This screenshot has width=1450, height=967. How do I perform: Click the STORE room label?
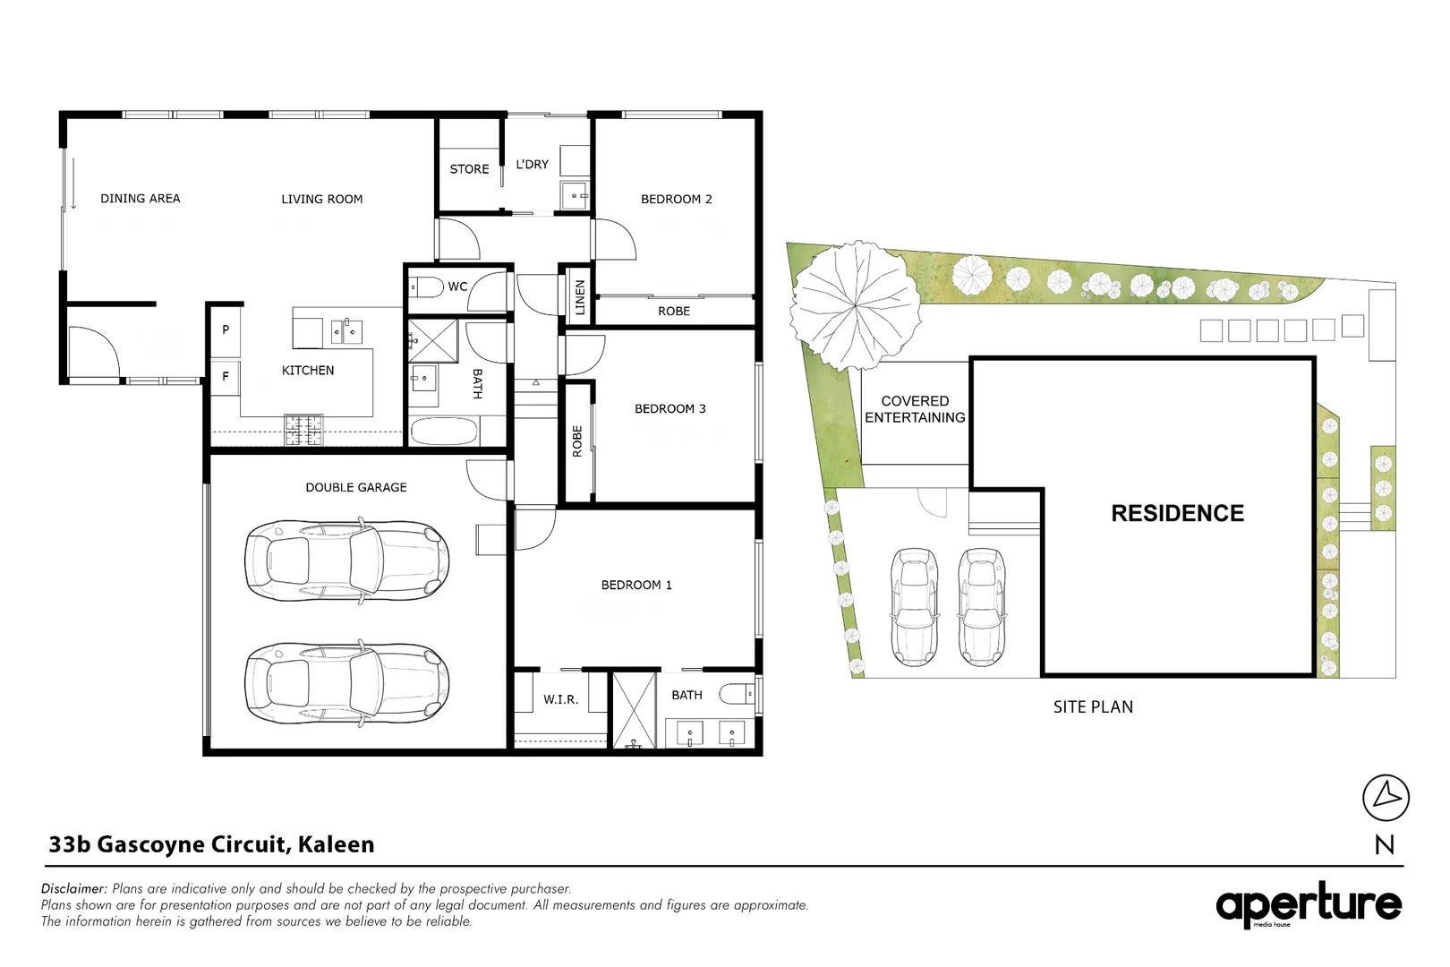coord(469,169)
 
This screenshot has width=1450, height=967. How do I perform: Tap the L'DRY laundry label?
coord(532,165)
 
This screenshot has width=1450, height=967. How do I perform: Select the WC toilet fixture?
coord(424,287)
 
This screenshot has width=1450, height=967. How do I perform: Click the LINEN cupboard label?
coord(579,297)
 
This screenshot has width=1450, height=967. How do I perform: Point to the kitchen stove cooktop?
coord(303,430)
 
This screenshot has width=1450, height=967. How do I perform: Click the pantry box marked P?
coord(226,329)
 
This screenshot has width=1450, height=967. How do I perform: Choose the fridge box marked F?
coord(226,376)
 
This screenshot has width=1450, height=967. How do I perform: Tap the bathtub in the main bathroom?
coord(445,432)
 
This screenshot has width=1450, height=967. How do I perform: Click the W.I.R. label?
coord(560,699)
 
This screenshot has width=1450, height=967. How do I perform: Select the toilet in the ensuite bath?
coord(738,694)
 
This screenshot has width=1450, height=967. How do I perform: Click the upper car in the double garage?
coord(347,561)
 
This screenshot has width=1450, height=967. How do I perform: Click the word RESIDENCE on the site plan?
coord(1178,514)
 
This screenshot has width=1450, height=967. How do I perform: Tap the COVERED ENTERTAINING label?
coord(915,410)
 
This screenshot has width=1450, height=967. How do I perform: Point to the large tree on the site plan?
coord(855,305)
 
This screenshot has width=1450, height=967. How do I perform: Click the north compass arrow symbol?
coord(1386,797)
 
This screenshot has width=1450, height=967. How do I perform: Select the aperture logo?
coord(1309,904)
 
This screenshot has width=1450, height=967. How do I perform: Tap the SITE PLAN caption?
coord(1093,706)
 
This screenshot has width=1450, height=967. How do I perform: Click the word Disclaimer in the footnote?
coord(73,888)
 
